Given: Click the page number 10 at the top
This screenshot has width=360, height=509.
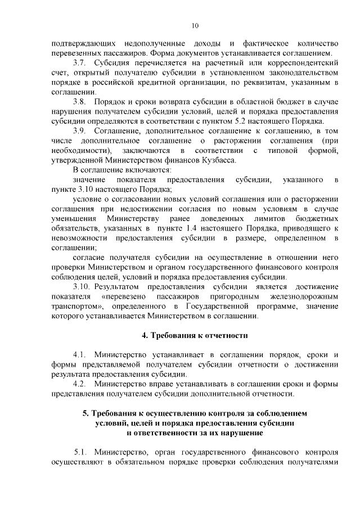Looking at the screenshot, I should (x=194, y=25).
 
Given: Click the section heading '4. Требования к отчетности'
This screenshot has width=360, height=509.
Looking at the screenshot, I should (x=194, y=336).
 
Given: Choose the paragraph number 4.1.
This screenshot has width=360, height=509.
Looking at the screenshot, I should (x=79, y=355).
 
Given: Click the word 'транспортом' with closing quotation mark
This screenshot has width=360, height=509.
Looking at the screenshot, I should (x=74, y=306).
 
